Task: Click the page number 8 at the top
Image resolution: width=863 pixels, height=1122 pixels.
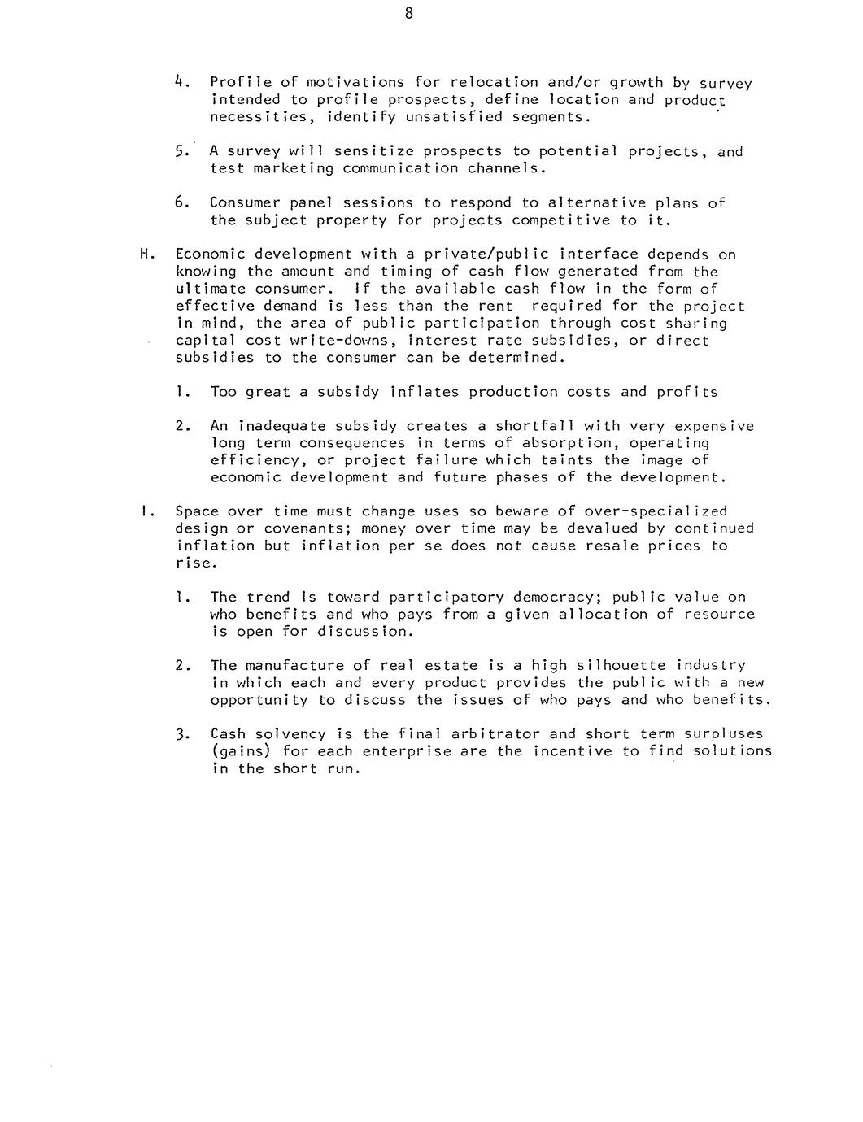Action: pyautogui.click(x=408, y=13)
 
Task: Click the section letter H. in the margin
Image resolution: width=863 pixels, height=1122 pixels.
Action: pyautogui.click(x=146, y=254)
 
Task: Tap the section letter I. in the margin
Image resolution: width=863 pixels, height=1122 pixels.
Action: pyautogui.click(x=144, y=511)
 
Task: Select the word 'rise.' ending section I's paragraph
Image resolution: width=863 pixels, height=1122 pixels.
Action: pyautogui.click(x=195, y=563)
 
